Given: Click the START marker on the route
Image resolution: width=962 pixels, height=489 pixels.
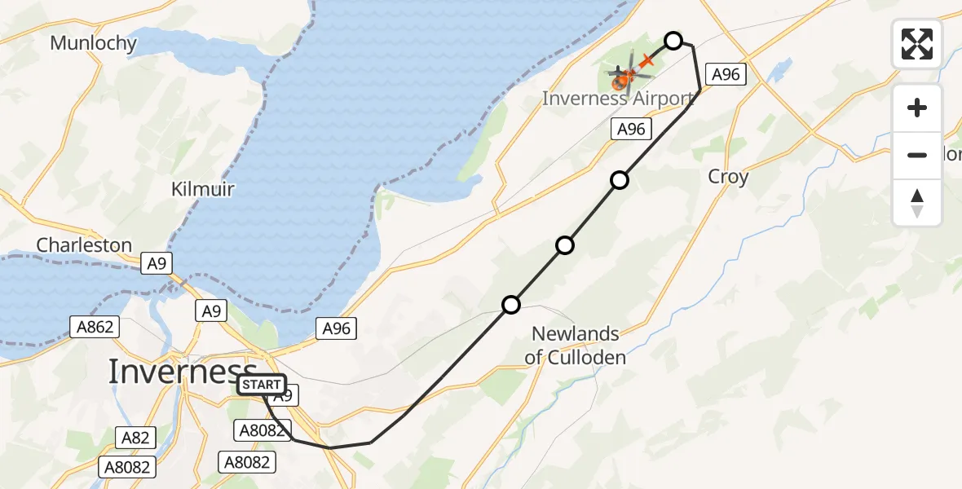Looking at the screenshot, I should (x=262, y=385).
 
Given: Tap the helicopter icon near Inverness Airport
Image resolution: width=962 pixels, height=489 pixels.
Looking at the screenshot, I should (x=624, y=79).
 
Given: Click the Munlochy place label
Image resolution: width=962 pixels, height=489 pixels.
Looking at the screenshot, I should (x=93, y=43).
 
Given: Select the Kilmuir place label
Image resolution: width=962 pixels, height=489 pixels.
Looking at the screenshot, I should (x=202, y=190).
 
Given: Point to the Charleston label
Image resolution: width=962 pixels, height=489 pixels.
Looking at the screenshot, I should (x=84, y=245).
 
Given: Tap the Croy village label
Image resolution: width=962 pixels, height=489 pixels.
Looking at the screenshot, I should (x=728, y=177).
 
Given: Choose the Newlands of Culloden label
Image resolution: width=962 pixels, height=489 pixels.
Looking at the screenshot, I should (x=576, y=345).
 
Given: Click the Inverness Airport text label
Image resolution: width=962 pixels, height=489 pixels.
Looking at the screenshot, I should (x=618, y=99).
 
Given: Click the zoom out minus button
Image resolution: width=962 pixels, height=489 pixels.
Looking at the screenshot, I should (x=917, y=155).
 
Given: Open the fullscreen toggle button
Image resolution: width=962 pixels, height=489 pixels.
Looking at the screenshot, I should (x=917, y=44).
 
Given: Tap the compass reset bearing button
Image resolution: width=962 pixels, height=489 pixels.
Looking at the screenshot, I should (x=917, y=202).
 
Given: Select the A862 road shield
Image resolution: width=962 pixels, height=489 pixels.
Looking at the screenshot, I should (x=95, y=327).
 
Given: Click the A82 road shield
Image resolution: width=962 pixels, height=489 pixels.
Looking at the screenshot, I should (x=135, y=438).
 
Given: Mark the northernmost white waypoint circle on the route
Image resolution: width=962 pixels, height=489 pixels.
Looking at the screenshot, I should (x=673, y=40).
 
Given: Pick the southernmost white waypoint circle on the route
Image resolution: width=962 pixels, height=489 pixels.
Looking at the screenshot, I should (x=510, y=305).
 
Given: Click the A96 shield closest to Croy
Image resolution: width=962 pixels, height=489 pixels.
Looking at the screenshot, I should (x=725, y=75).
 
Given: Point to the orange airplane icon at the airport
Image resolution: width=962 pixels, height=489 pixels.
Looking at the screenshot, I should (x=647, y=60).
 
